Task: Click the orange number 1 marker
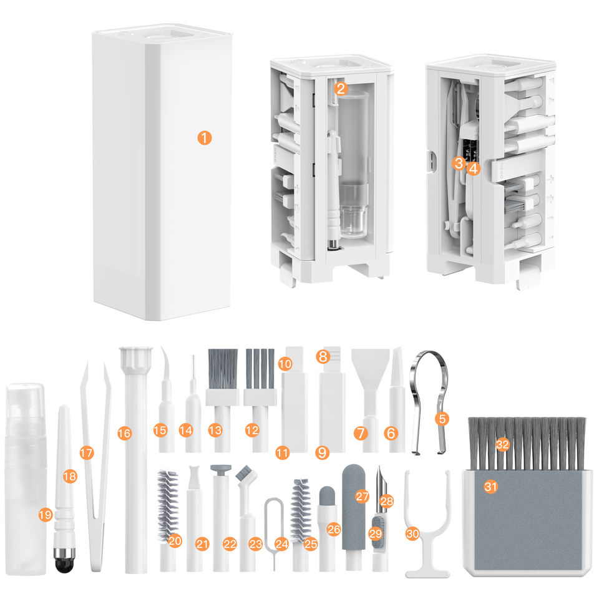click(x=205, y=138)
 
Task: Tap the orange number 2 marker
click(x=341, y=89)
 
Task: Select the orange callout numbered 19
click(x=45, y=515)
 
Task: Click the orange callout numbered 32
click(x=503, y=444)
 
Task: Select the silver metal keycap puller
click(x=429, y=401)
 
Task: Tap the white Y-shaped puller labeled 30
click(x=427, y=527)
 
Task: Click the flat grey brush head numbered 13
click(x=222, y=369)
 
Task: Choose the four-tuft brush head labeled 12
click(x=260, y=369)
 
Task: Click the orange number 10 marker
click(x=285, y=363)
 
